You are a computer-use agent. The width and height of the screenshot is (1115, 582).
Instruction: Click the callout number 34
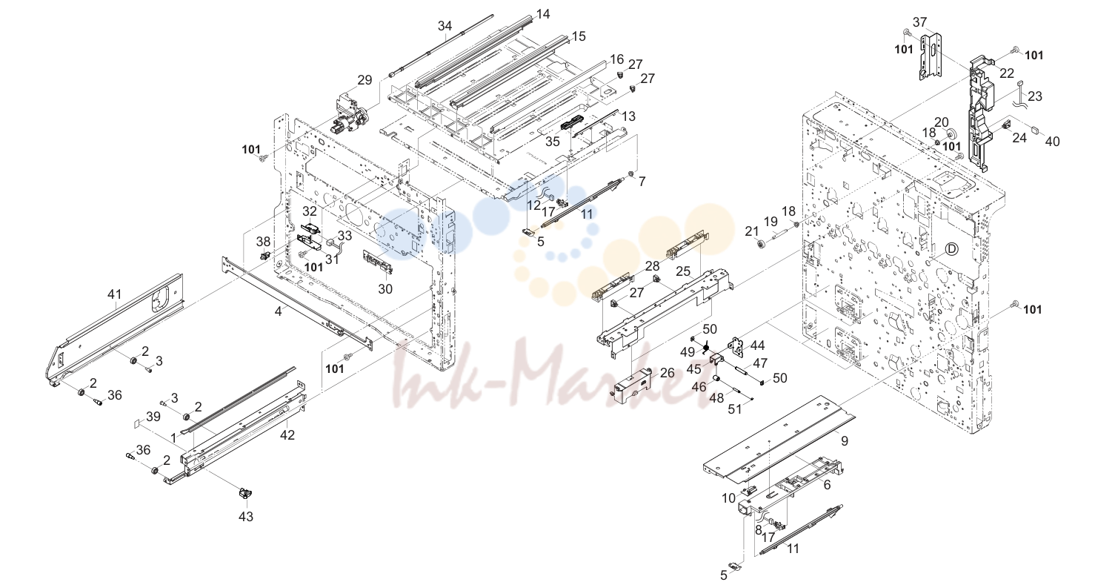click(x=445, y=25)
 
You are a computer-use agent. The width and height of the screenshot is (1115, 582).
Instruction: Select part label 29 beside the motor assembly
click(x=365, y=80)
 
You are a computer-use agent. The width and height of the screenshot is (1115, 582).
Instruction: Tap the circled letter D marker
click(x=951, y=248)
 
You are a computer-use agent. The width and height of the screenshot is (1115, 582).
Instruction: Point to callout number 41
click(x=115, y=294)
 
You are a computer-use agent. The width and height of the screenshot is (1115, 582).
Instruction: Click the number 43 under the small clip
click(x=246, y=517)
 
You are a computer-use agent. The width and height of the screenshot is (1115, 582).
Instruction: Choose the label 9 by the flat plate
click(x=845, y=441)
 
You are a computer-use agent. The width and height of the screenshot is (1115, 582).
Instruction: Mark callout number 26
click(x=667, y=373)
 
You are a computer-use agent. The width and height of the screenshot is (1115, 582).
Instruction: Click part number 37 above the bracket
click(x=920, y=22)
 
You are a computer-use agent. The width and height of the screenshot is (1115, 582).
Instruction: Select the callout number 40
click(x=1052, y=142)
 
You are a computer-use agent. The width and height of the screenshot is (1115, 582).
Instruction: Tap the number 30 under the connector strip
click(x=385, y=289)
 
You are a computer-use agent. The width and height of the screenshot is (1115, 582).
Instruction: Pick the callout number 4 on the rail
click(x=279, y=311)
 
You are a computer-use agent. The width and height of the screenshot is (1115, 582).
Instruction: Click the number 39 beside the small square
click(x=153, y=417)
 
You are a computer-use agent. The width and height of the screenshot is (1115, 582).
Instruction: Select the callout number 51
click(x=735, y=409)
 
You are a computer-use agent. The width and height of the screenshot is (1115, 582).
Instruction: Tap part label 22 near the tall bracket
click(x=1007, y=73)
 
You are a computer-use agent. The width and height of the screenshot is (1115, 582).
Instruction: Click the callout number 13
click(x=629, y=116)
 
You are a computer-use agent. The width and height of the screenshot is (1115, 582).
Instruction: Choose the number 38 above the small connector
click(x=263, y=242)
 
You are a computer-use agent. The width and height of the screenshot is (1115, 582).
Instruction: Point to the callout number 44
click(x=758, y=345)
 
